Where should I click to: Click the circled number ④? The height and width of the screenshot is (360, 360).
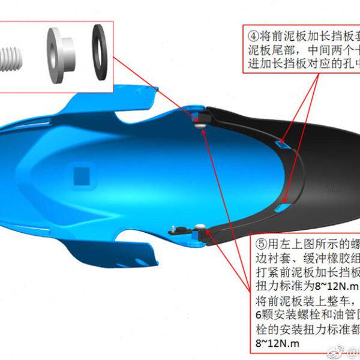click(252, 31)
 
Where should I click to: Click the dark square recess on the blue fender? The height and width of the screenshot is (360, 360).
click(81, 175)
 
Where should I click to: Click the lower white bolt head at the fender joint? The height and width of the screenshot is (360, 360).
click(200, 226)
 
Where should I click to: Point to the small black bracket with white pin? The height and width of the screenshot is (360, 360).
click(176, 227)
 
